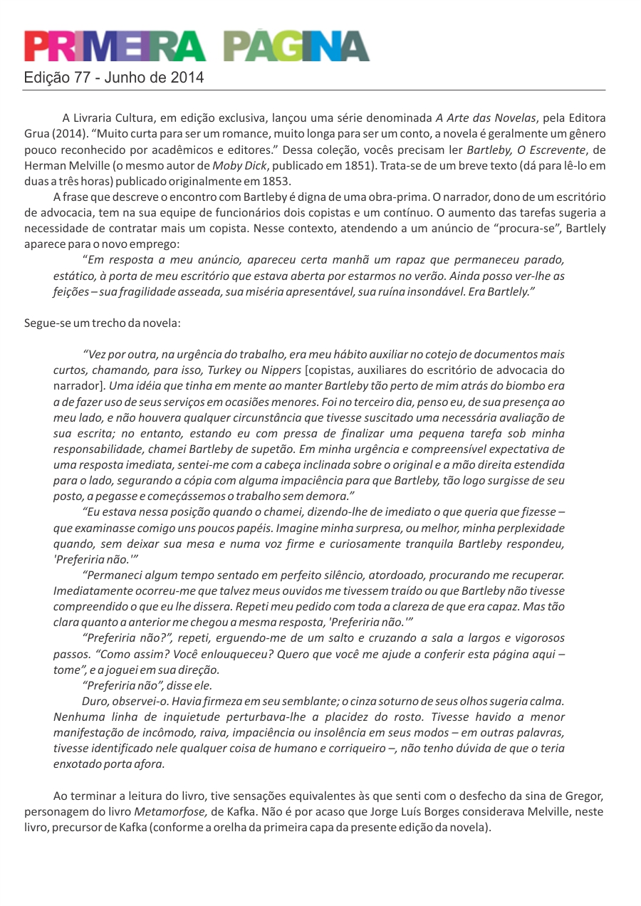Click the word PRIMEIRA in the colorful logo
coord(115,47)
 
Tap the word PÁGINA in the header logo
coord(296,47)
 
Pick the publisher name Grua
coord(37,133)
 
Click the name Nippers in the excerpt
coord(281,370)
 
